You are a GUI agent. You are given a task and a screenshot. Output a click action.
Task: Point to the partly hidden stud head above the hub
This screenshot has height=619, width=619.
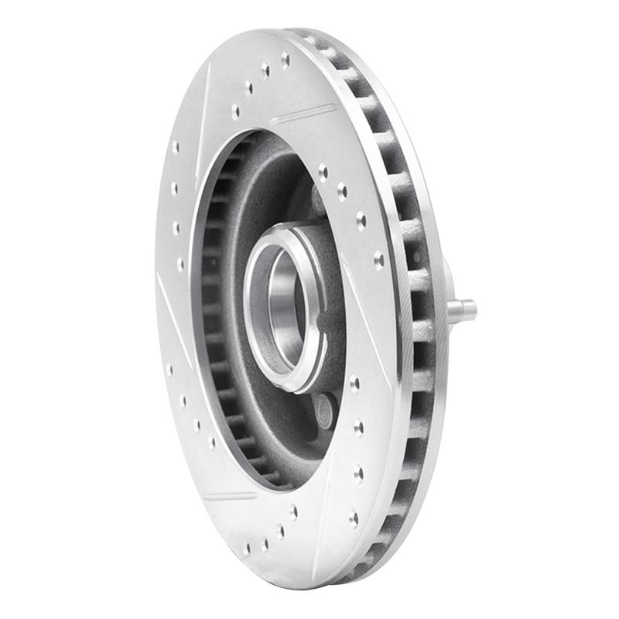[x=317, y=199]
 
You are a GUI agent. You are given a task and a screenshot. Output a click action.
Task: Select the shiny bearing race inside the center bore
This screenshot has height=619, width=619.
[x=285, y=309]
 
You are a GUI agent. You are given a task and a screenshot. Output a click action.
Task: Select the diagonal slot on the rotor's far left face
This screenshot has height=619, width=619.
[x=171, y=309]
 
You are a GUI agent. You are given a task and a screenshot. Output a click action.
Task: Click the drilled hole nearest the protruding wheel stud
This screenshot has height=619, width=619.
[x=378, y=259]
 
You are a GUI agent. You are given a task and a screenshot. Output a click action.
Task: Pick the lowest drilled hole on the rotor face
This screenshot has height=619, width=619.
[x=247, y=548]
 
